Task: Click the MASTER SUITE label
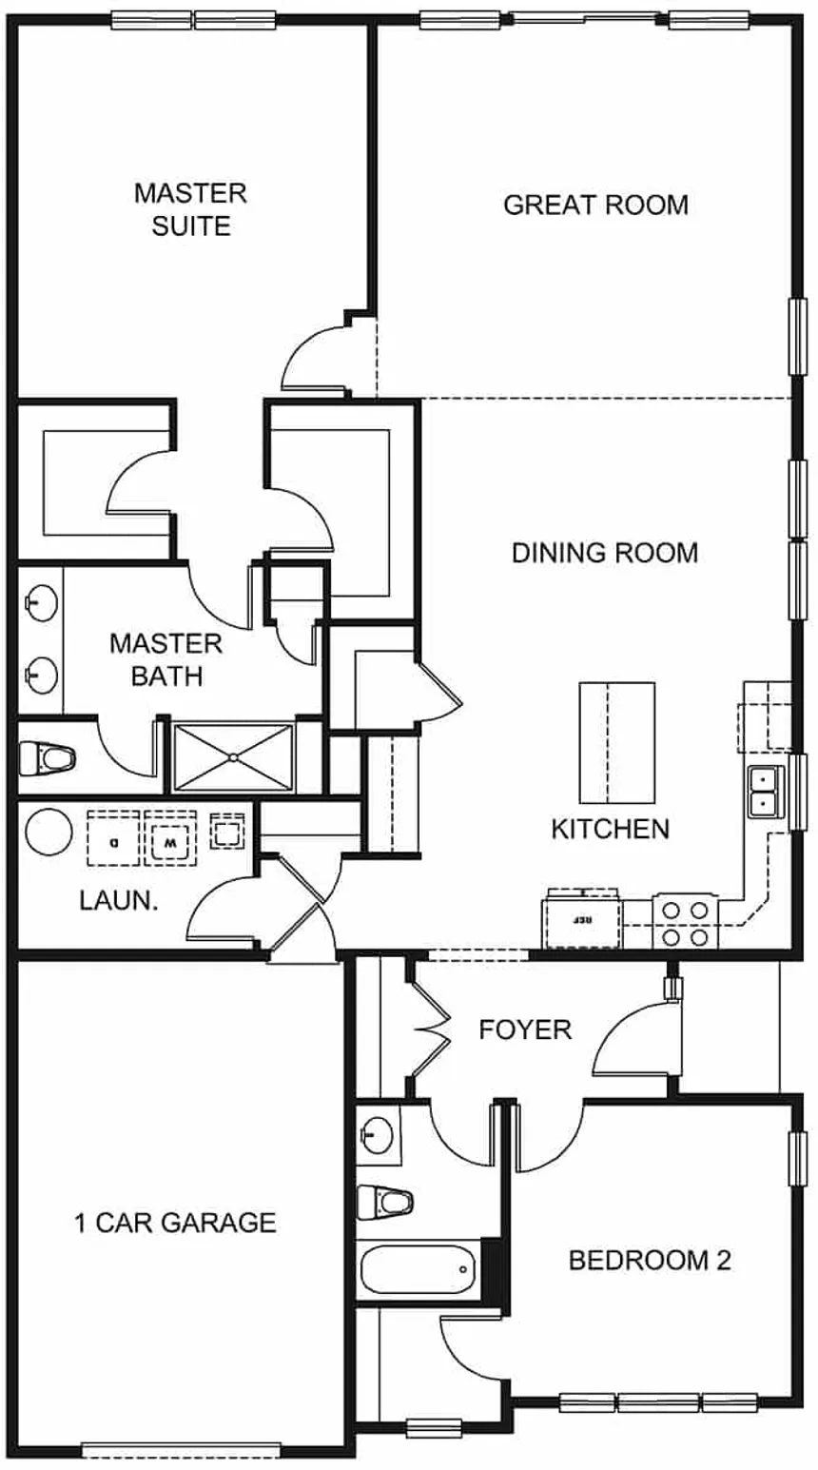click(x=190, y=209)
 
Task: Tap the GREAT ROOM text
click(x=595, y=205)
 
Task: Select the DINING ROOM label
click(x=604, y=553)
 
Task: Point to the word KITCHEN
click(x=610, y=829)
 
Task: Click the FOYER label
click(x=525, y=1029)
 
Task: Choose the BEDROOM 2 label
click(x=650, y=1261)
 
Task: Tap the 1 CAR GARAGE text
click(x=175, y=1223)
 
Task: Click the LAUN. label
click(x=118, y=900)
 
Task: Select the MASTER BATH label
click(x=166, y=659)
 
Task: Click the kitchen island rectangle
click(x=617, y=743)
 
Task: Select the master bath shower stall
click(x=234, y=757)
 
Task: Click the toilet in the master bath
click(x=48, y=758)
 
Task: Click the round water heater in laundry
click(x=49, y=831)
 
